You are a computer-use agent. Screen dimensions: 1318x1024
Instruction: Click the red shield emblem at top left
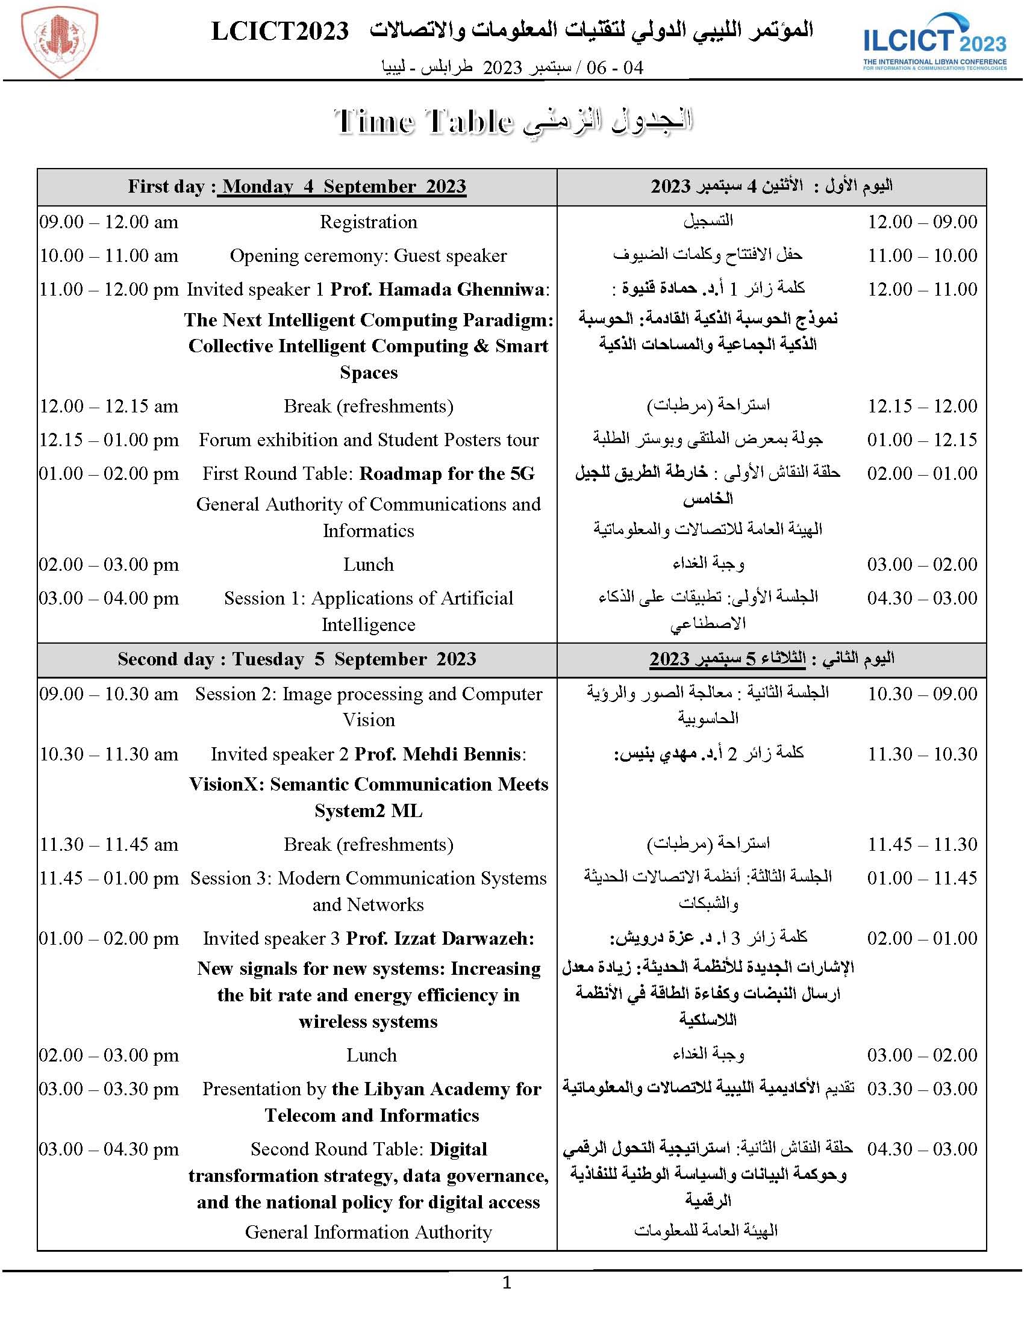point(59,45)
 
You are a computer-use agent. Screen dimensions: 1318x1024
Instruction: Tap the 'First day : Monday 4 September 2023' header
point(296,187)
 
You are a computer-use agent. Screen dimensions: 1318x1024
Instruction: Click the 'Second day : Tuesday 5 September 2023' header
point(296,659)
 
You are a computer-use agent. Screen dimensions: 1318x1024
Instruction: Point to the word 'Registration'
point(368,222)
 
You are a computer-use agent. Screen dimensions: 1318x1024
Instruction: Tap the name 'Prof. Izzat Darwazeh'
point(440,939)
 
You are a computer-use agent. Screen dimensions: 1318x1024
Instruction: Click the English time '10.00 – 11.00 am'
point(108,256)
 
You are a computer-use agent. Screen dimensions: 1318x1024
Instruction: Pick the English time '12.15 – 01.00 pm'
point(108,440)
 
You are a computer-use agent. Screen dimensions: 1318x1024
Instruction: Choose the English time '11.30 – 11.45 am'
point(108,844)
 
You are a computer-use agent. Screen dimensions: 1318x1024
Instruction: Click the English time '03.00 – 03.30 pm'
point(108,1089)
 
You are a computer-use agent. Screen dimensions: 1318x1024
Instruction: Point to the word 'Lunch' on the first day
point(368,565)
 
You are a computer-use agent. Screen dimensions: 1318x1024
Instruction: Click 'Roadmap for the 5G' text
point(448,474)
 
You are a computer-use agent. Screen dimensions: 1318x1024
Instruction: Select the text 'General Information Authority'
point(368,1232)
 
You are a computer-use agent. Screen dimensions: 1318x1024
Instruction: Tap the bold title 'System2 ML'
point(368,810)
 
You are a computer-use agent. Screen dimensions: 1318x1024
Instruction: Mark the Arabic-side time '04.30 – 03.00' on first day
point(922,598)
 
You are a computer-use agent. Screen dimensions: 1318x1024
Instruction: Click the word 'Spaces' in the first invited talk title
point(368,373)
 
